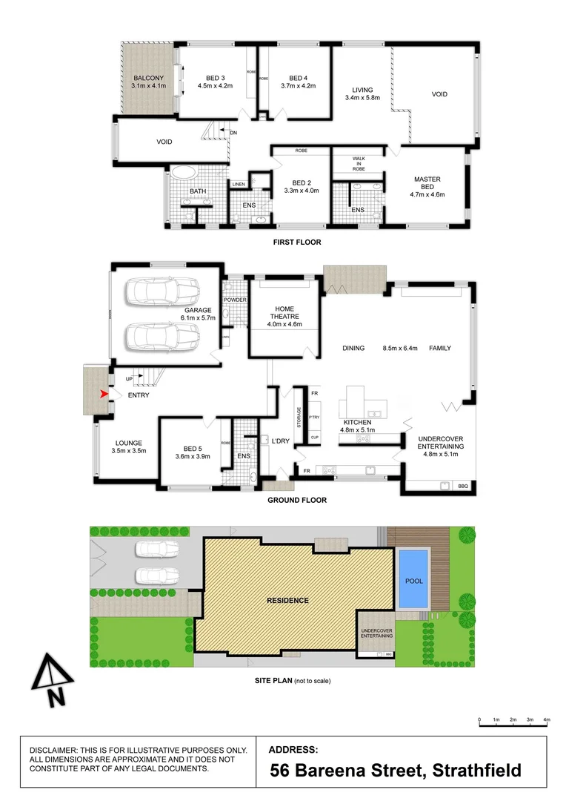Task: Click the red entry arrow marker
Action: coord(104,394)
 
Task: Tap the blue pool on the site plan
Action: coord(414,579)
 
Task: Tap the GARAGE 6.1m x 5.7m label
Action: coord(197,314)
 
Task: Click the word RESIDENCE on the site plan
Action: coord(287,600)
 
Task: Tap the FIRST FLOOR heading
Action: coord(296,242)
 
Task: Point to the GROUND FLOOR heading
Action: coord(296,500)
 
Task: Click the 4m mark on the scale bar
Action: coord(547,720)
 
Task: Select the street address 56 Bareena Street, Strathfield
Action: coord(396,771)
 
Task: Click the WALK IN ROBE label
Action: coord(359,164)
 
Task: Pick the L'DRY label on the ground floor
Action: coord(280,441)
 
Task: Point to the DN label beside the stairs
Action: coord(234,133)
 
